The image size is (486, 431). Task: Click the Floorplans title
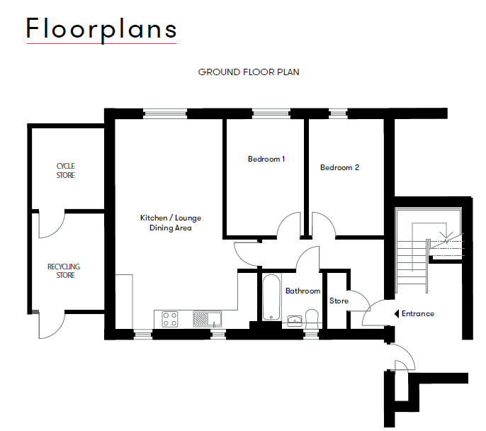[x=101, y=29]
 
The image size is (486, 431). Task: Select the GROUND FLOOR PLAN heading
[x=249, y=72]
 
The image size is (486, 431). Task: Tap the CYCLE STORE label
[x=66, y=171]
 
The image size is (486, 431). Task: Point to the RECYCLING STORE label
[x=64, y=271]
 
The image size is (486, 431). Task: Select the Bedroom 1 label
[x=266, y=159]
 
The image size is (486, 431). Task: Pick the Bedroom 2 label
[x=339, y=168]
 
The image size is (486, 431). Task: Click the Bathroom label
[x=303, y=291]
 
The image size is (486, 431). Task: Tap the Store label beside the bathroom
[x=339, y=301]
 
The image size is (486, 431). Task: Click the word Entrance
[x=417, y=313]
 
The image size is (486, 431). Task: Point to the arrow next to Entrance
[x=394, y=313]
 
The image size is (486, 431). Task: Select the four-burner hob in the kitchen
[x=170, y=320]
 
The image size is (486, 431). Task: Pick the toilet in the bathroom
[x=312, y=317]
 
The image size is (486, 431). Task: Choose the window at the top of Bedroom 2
[x=338, y=113]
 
